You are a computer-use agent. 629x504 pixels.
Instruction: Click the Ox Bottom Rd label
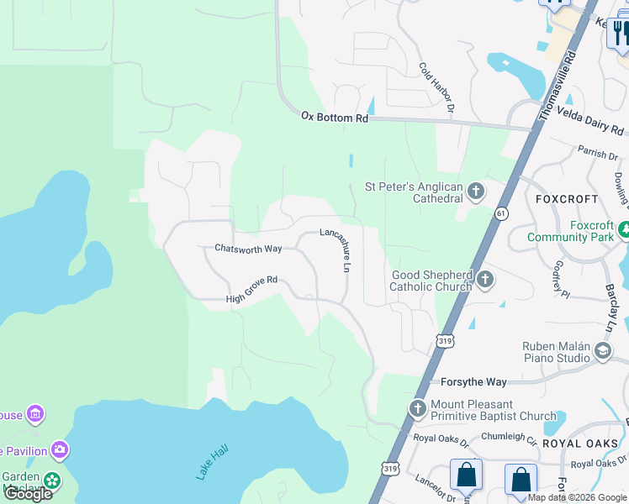click(335, 118)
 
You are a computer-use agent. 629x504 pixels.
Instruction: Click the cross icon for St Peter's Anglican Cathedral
click(475, 192)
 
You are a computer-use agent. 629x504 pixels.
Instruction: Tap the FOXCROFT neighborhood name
click(567, 199)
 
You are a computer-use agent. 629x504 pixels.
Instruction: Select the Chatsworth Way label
click(248, 249)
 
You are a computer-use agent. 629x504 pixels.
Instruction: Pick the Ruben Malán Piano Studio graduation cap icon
click(602, 351)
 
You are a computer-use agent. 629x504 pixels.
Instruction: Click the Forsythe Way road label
click(473, 382)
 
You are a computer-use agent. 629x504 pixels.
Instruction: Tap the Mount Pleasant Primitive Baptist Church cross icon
click(417, 409)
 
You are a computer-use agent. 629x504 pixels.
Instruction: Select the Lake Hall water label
click(212, 463)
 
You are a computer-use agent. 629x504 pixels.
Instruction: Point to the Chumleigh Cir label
click(509, 437)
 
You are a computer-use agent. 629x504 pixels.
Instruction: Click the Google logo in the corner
click(28, 493)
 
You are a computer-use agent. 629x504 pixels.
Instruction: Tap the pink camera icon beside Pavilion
click(60, 451)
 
